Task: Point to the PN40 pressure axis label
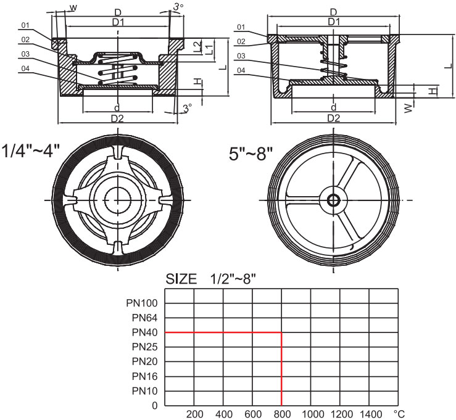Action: tap(145, 333)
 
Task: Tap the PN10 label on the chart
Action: tap(145, 391)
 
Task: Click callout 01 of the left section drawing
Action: tap(25, 25)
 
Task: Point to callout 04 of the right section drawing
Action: tap(241, 72)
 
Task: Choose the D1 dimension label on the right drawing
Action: tap(334, 22)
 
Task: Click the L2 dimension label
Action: tap(196, 45)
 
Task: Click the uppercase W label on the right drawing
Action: tap(408, 107)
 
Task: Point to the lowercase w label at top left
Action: tap(73, 7)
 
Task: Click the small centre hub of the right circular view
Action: tap(334, 200)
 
